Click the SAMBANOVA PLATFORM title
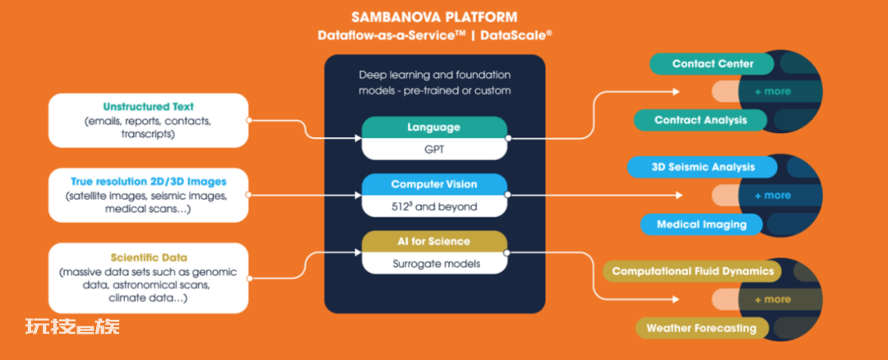click(x=434, y=17)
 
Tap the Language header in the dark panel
click(x=434, y=127)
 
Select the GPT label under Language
click(x=434, y=150)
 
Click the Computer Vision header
click(x=434, y=185)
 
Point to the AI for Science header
click(x=434, y=241)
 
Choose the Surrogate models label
click(x=434, y=264)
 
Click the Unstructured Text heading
click(x=148, y=106)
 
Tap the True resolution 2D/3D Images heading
click(x=148, y=182)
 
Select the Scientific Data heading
click(x=148, y=257)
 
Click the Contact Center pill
click(x=712, y=64)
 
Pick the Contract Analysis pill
click(x=701, y=120)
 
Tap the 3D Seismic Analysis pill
click(x=702, y=167)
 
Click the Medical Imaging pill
click(x=701, y=224)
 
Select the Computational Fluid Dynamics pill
click(x=692, y=271)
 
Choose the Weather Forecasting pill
click(x=701, y=328)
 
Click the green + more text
click(x=772, y=92)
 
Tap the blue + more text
click(x=772, y=196)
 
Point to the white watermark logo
click(x=72, y=326)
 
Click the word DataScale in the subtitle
click(x=516, y=35)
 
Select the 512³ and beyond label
click(x=434, y=206)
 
